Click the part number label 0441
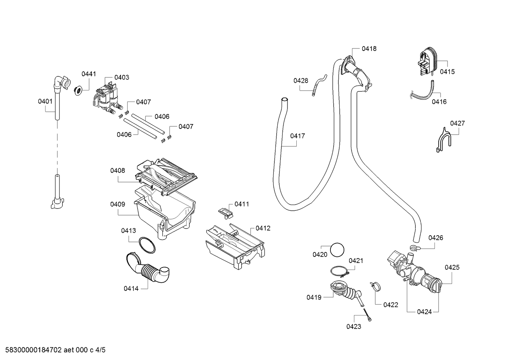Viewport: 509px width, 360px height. (x=88, y=74)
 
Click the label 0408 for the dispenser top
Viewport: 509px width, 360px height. (x=117, y=171)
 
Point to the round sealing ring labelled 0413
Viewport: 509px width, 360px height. (x=147, y=245)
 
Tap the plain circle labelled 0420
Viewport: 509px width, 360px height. (x=337, y=250)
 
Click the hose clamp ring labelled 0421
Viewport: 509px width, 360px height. (x=339, y=272)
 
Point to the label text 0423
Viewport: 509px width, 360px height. (x=354, y=327)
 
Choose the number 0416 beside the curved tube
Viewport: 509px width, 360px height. (x=439, y=102)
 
